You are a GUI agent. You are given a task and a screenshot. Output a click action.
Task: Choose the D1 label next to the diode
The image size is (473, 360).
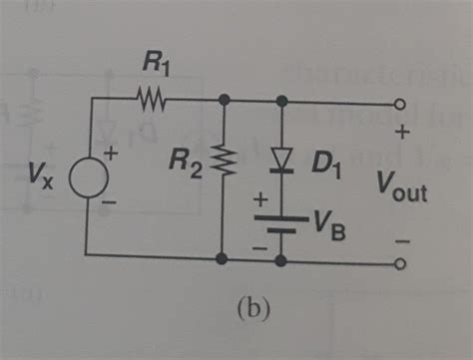[x=324, y=164]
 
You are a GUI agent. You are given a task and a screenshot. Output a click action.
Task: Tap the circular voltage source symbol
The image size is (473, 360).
[x=87, y=181]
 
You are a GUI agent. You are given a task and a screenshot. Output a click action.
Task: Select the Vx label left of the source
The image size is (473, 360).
[x=44, y=181]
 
